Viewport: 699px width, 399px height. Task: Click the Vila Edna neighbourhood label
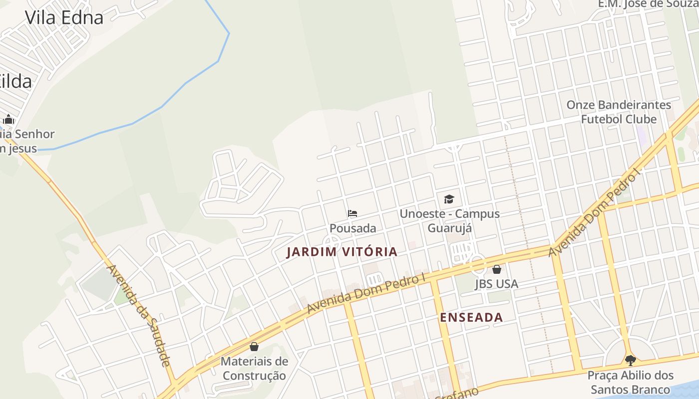pos(64,17)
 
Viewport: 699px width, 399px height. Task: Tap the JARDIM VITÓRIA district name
pos(342,252)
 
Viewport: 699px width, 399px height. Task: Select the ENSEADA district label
pos(471,317)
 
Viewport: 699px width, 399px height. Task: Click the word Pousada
pos(352,228)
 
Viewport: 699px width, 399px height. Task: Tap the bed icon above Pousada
pos(352,213)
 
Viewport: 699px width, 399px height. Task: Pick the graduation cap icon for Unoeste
pos(449,199)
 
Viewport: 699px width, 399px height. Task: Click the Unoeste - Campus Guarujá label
pos(449,221)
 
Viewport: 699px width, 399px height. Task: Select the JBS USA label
pos(496,284)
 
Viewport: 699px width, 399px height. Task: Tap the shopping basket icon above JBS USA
pos(497,270)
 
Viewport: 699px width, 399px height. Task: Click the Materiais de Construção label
pos(254,368)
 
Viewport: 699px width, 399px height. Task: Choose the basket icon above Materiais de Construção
pos(254,347)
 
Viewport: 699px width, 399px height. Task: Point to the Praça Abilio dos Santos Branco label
pos(630,382)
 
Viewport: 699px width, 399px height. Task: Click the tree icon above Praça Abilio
pos(630,360)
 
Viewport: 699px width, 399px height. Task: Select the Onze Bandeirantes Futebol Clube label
pos(619,112)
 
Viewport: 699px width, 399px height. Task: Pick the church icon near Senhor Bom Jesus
pos(8,119)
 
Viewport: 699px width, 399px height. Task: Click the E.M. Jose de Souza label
pos(648,4)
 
